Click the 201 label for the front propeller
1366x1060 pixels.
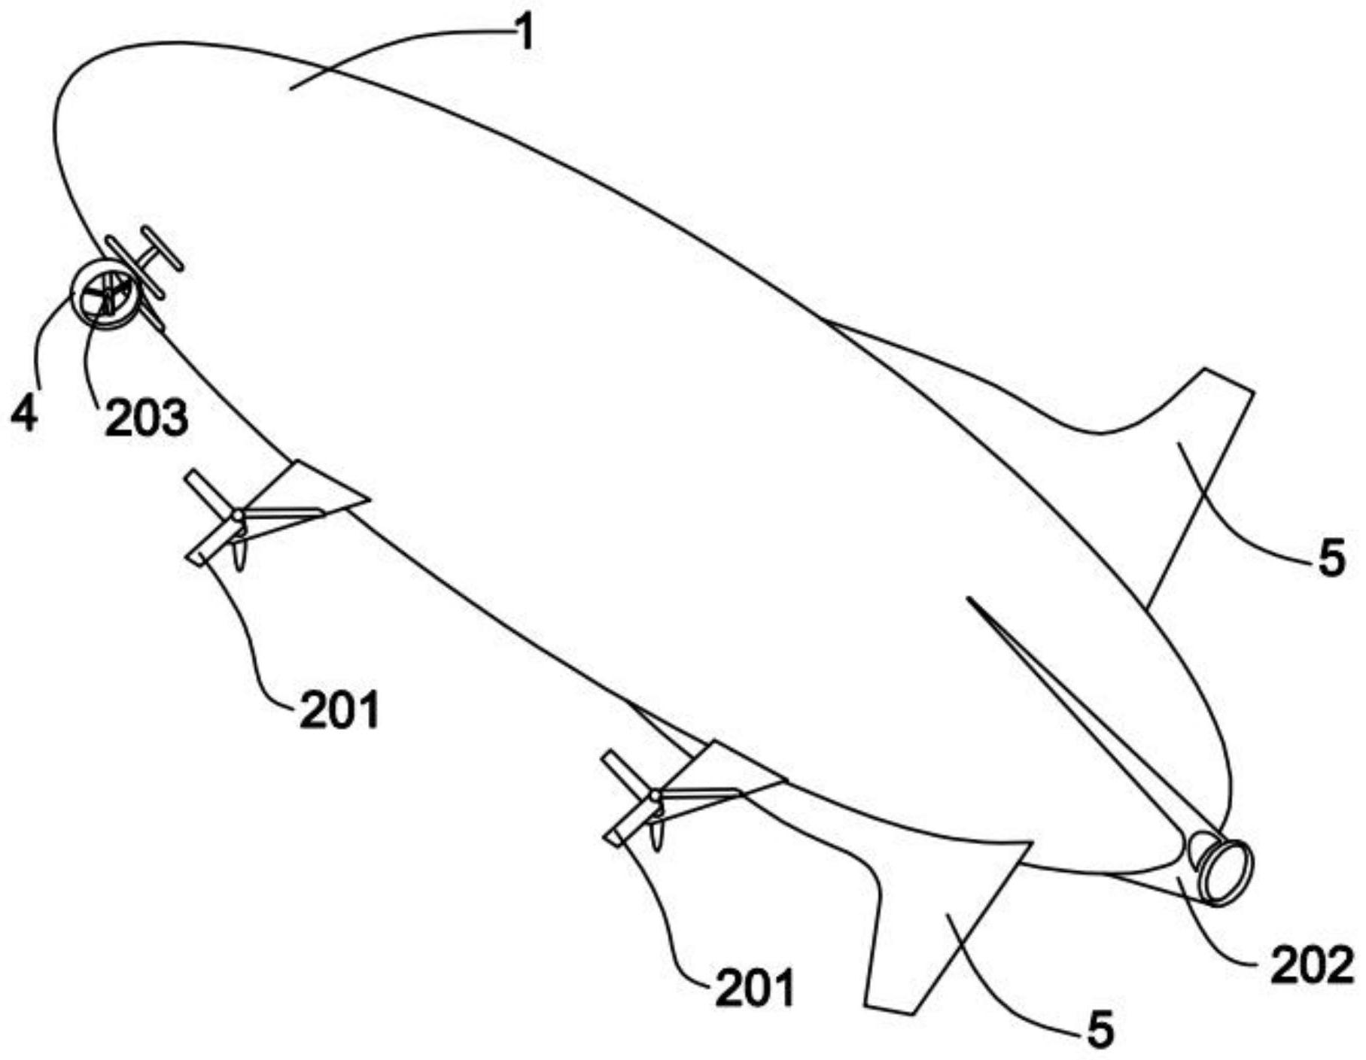tap(339, 709)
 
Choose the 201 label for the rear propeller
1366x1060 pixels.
tap(755, 988)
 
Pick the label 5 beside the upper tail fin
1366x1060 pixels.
tap(1331, 559)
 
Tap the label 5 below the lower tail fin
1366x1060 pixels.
tap(1100, 1030)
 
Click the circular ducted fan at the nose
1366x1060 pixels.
tap(103, 293)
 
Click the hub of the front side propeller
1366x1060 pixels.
tap(238, 516)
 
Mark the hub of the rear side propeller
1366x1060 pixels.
tap(656, 795)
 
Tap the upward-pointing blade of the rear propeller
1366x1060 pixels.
tap(629, 773)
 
